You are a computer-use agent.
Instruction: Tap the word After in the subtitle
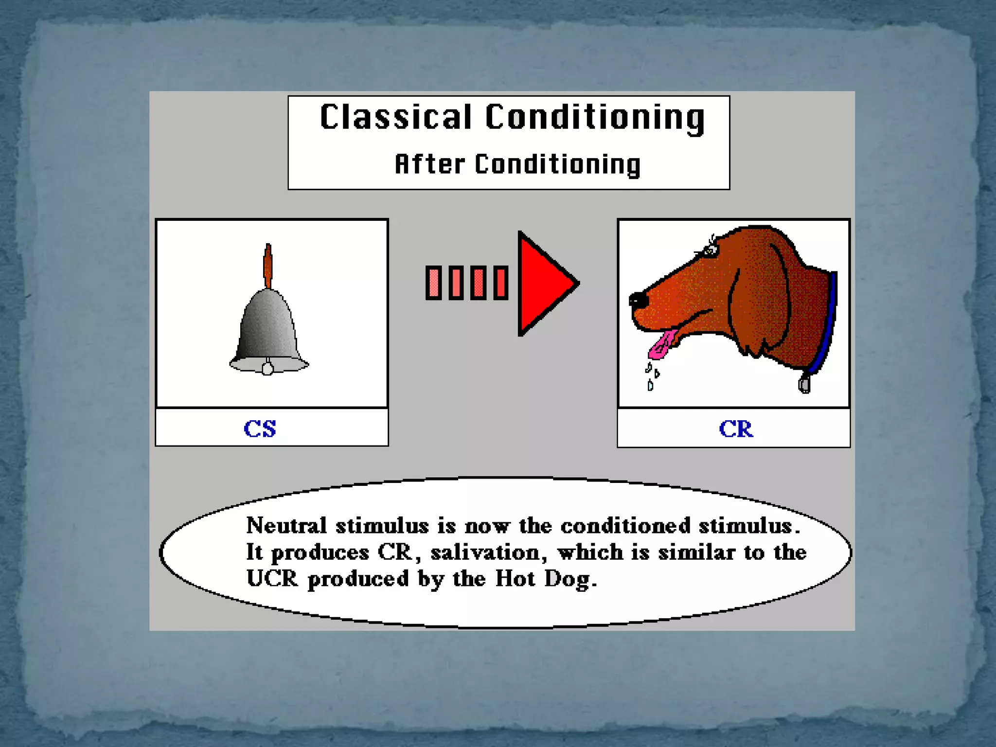click(429, 164)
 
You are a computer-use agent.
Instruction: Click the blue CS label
click(260, 428)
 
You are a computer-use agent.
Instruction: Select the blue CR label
click(736, 429)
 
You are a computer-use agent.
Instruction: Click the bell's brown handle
click(267, 265)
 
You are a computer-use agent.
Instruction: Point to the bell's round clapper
click(267, 368)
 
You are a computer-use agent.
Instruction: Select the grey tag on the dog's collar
click(804, 384)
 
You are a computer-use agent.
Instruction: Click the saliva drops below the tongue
click(651, 376)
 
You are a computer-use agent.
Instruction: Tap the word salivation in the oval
click(485, 552)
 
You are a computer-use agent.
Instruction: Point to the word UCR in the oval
click(272, 579)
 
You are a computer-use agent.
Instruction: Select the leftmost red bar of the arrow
click(433, 283)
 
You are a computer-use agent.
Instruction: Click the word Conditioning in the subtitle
click(558, 164)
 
